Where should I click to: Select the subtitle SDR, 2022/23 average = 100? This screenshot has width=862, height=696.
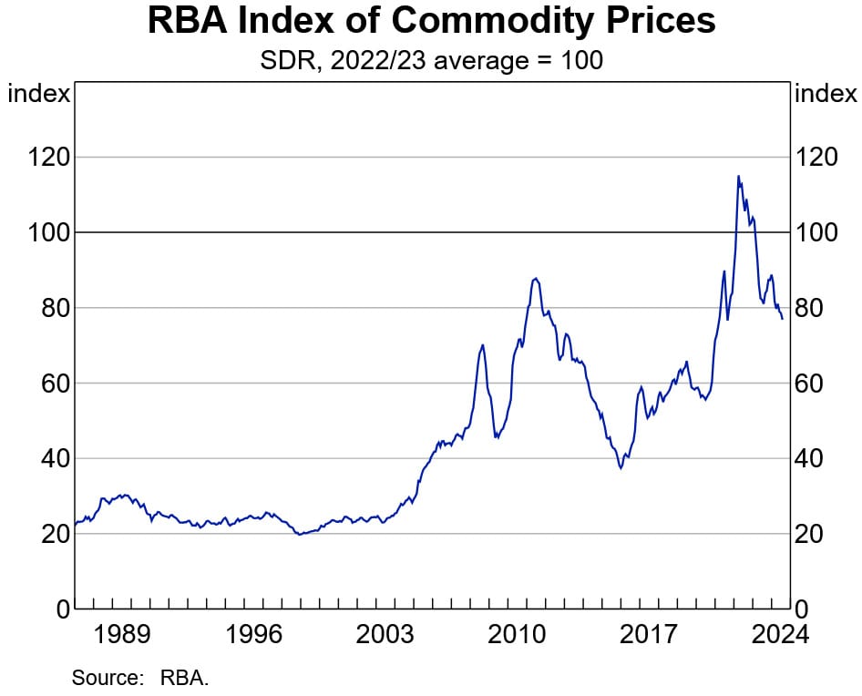(x=431, y=61)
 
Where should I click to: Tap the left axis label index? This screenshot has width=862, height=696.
(x=38, y=94)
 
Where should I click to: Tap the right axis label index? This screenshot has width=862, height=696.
(x=826, y=94)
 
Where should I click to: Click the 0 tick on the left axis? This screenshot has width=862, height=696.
(x=60, y=609)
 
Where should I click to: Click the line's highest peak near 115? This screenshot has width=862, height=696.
(x=738, y=176)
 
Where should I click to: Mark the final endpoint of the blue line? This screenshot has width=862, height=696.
(x=782, y=318)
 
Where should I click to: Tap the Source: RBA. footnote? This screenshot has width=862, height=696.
(x=140, y=678)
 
